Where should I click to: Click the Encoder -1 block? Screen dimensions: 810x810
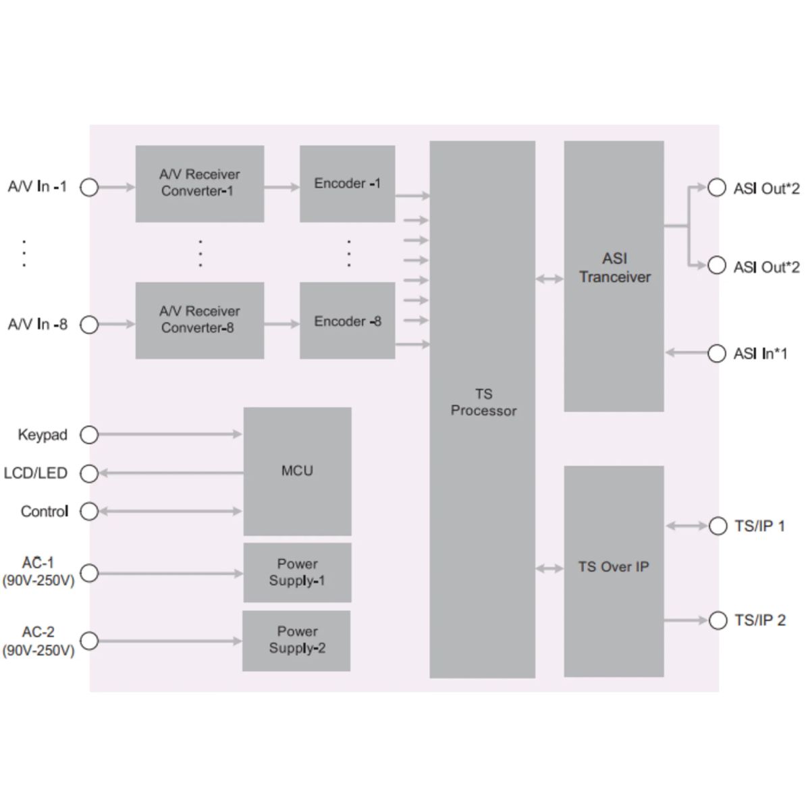[x=347, y=184]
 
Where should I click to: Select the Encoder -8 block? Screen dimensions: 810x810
[x=347, y=321]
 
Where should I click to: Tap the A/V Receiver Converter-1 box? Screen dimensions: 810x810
[x=199, y=184]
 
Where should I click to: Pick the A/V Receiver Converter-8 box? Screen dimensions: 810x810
[x=199, y=321]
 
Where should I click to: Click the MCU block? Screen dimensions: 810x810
[x=297, y=471]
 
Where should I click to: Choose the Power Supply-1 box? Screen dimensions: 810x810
[x=297, y=572]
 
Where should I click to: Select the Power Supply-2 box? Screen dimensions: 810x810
[x=296, y=641]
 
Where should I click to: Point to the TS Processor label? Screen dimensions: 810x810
[x=483, y=402]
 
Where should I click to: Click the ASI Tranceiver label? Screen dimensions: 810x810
[x=614, y=268]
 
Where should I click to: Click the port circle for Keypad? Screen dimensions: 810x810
[x=89, y=435]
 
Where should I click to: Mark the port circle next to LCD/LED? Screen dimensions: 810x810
[x=89, y=473]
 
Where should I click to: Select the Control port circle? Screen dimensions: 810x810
[x=89, y=512]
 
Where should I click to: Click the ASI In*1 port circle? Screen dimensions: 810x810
[x=716, y=353]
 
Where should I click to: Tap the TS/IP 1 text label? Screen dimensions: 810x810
[x=759, y=526]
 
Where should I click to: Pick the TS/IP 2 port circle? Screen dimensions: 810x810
[x=718, y=620]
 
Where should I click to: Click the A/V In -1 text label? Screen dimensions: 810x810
[x=37, y=187]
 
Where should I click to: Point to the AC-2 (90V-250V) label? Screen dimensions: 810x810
[x=38, y=641]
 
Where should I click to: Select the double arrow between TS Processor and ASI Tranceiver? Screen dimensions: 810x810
[x=549, y=278]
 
